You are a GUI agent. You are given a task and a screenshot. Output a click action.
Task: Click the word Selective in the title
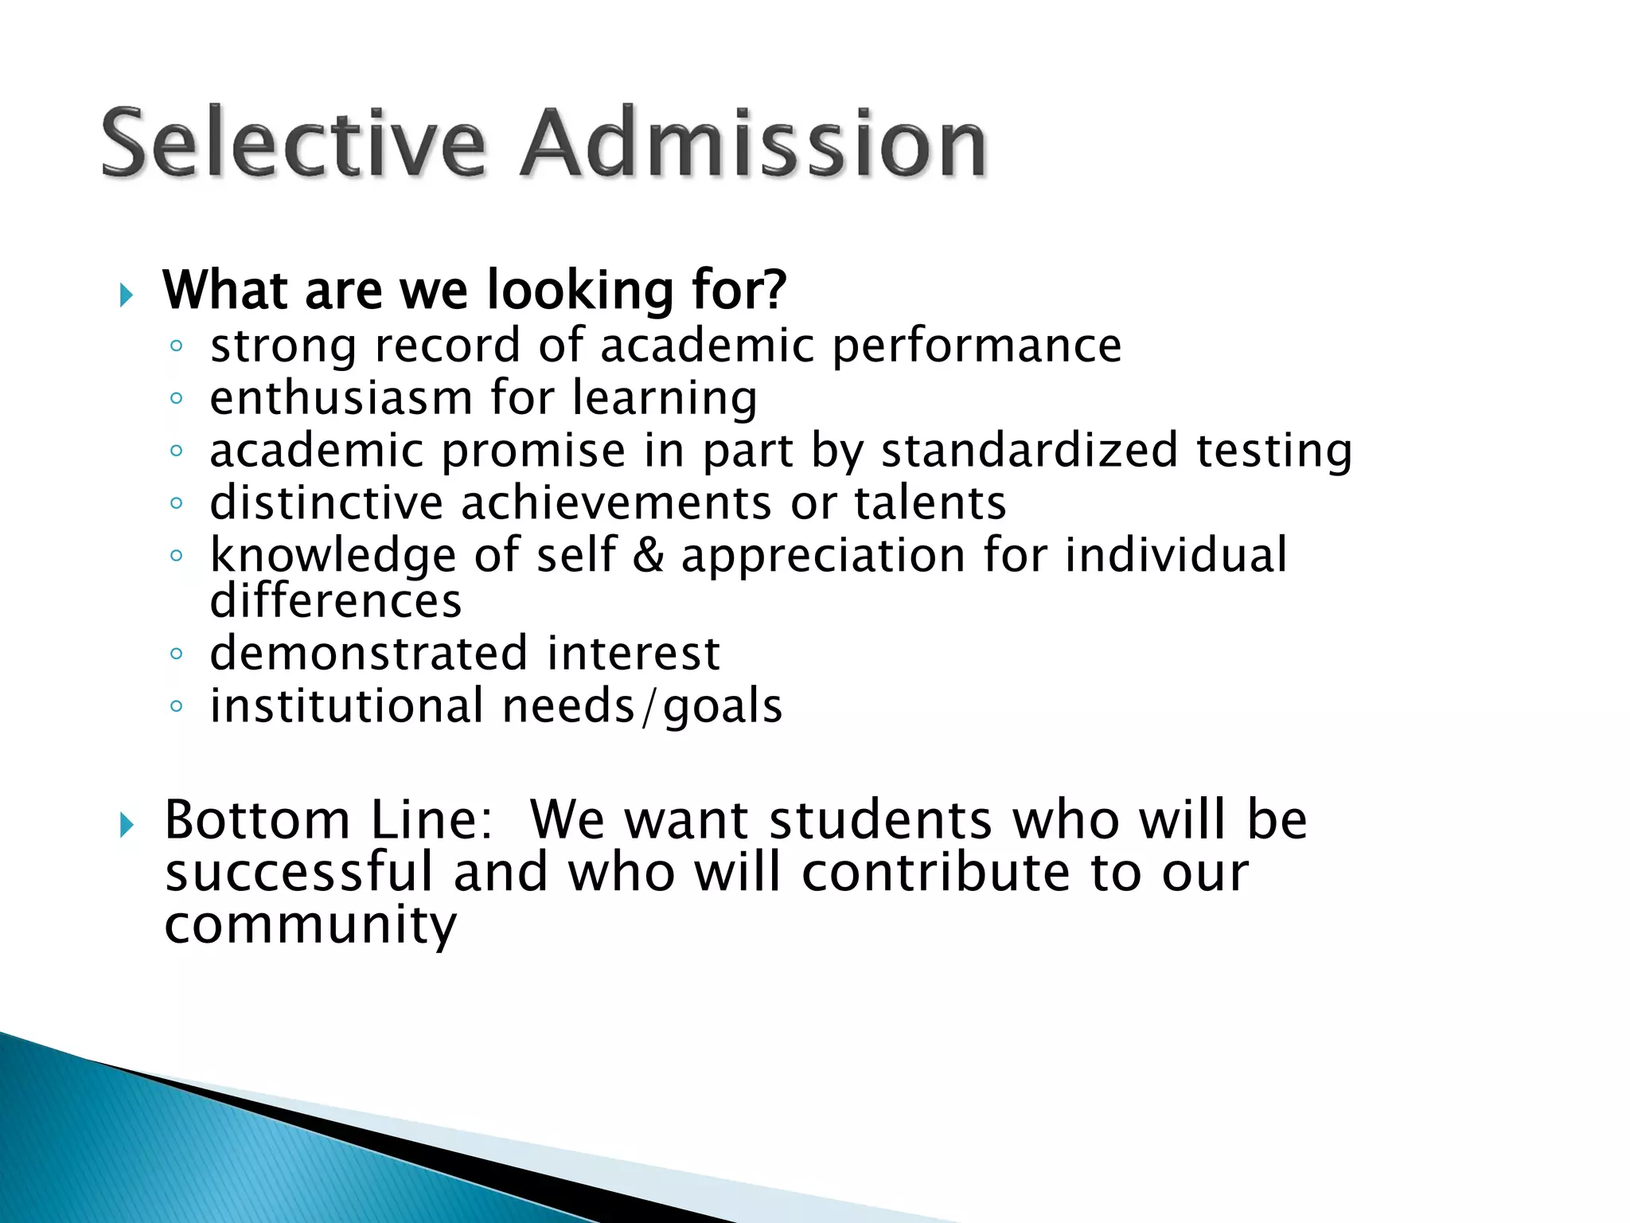pyautogui.click(x=293, y=143)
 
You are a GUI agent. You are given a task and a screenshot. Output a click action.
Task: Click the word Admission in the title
pyautogui.click(x=753, y=143)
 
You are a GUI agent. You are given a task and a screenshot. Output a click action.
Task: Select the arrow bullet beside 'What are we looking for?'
pyautogui.click(x=126, y=296)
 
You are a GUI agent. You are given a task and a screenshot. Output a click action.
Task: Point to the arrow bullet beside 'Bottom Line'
pyautogui.click(x=126, y=826)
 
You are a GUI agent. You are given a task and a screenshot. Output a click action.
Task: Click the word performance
pyautogui.click(x=977, y=347)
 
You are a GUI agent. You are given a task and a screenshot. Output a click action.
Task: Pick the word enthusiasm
pyautogui.click(x=341, y=398)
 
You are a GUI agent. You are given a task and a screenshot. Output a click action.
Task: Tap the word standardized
pyautogui.click(x=1029, y=451)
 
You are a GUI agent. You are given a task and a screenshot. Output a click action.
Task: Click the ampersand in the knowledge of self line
pyautogui.click(x=649, y=555)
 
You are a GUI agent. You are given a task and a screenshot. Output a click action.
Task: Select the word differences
pyautogui.click(x=335, y=601)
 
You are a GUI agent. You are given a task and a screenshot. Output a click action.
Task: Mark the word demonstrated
pyautogui.click(x=369, y=654)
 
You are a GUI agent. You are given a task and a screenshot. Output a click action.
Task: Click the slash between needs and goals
pyautogui.click(x=649, y=707)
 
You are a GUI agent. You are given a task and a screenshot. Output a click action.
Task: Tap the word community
pyautogui.click(x=310, y=926)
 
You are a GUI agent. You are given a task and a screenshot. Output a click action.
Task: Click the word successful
pyautogui.click(x=298, y=873)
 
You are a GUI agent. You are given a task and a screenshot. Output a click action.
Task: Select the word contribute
pyautogui.click(x=936, y=873)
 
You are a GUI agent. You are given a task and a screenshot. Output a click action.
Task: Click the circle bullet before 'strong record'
pyautogui.click(x=177, y=346)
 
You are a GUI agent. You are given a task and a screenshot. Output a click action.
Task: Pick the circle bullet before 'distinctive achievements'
pyautogui.click(x=177, y=503)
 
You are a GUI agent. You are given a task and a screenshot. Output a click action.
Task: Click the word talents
pyautogui.click(x=930, y=503)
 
